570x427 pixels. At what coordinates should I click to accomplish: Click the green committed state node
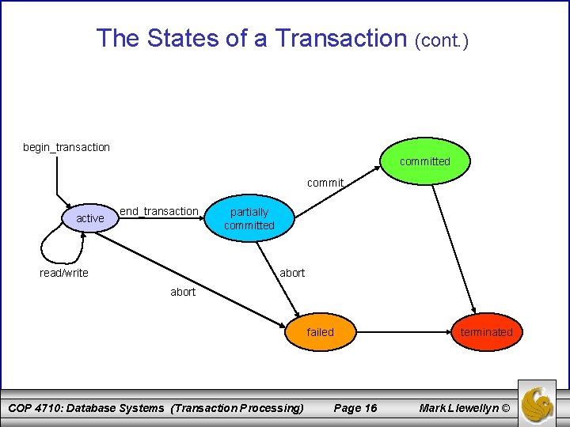click(x=425, y=161)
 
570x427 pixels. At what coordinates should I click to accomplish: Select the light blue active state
click(x=89, y=218)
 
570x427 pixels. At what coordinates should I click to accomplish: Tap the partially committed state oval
click(x=249, y=219)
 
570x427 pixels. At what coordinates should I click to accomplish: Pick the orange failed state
click(x=321, y=332)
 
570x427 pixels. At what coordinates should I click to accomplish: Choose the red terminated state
click(x=486, y=332)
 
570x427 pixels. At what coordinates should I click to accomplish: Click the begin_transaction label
click(x=66, y=147)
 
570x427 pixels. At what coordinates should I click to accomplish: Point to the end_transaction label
click(x=158, y=211)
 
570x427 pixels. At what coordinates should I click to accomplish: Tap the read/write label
click(x=64, y=273)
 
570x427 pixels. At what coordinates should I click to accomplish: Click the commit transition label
click(x=325, y=183)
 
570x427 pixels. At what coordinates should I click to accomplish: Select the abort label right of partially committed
click(x=292, y=273)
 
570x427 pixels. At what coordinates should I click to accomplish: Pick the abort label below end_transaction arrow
click(x=183, y=292)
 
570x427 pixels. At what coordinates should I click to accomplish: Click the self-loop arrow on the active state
click(x=55, y=245)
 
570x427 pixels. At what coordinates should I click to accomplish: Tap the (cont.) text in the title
click(x=442, y=40)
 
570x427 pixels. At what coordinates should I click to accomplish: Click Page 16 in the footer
click(x=355, y=408)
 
